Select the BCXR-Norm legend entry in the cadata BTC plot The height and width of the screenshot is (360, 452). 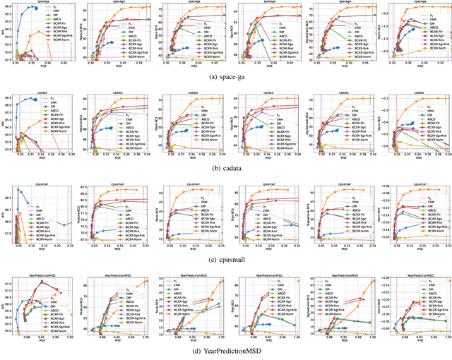point(44,149)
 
